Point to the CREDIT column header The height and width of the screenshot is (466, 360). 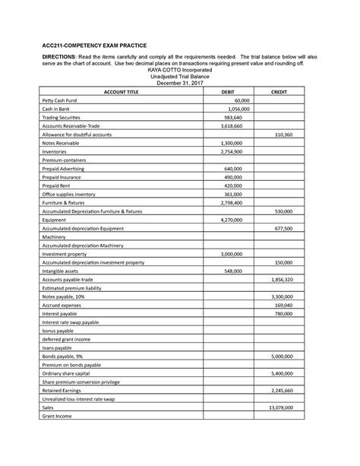tap(280, 91)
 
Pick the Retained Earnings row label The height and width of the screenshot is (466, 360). tap(62, 390)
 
